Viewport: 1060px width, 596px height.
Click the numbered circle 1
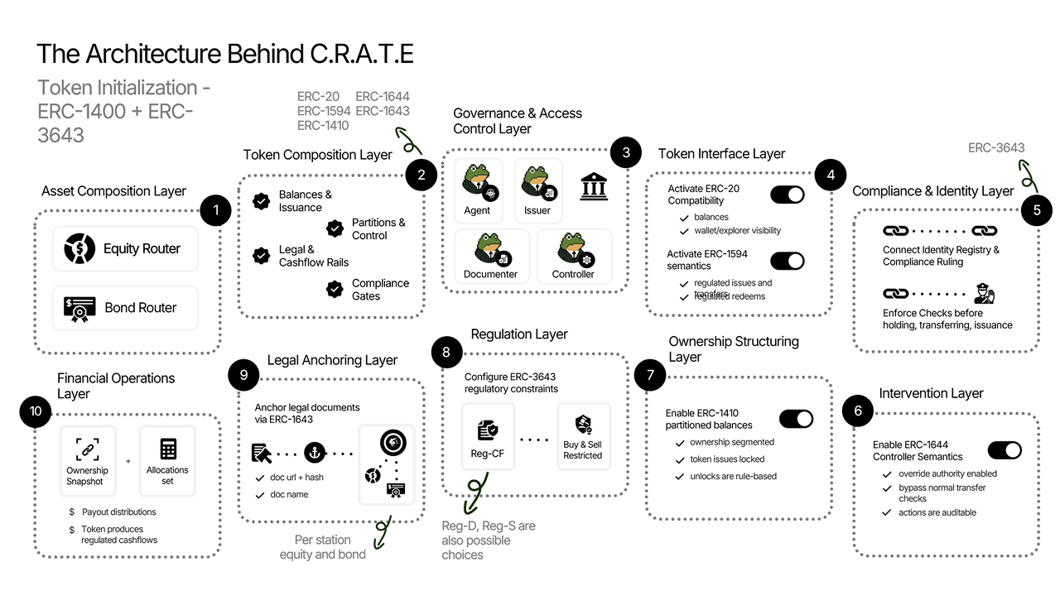point(215,210)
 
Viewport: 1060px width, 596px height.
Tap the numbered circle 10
point(36,411)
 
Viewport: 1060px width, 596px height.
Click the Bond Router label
point(140,308)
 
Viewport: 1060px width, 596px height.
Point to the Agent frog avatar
point(477,183)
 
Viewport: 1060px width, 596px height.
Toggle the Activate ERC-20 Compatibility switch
point(787,195)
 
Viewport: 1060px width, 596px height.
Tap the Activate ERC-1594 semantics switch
point(787,260)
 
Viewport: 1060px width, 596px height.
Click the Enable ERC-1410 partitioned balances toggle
point(796,419)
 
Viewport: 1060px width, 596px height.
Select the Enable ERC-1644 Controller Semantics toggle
point(1004,450)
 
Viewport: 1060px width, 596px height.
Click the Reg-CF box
point(488,436)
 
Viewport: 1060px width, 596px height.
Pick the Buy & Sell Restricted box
point(583,436)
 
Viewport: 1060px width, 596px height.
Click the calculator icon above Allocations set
point(168,449)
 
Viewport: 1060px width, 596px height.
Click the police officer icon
point(984,294)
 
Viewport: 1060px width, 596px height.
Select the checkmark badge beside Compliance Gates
point(335,289)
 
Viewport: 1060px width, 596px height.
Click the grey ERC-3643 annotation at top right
point(996,148)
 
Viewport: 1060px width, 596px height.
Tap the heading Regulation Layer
point(518,334)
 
